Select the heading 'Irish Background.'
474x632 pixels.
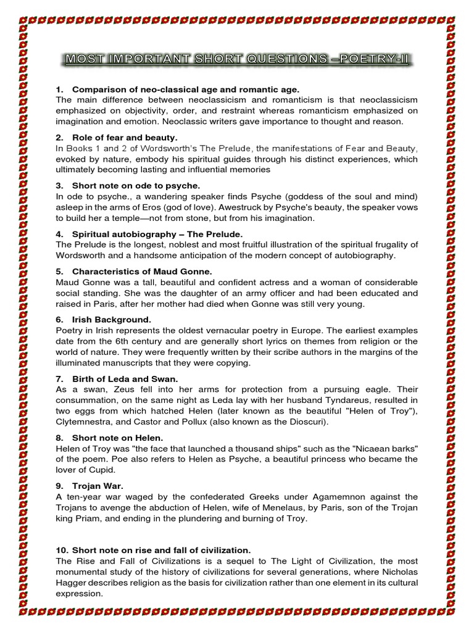click(x=111, y=319)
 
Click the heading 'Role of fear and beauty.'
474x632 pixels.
click(x=125, y=137)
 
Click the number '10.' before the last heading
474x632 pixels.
click(x=63, y=550)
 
